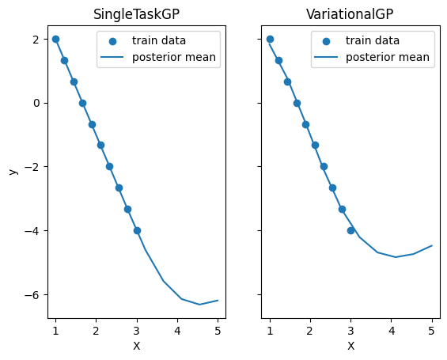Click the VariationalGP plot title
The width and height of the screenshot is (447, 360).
click(x=350, y=15)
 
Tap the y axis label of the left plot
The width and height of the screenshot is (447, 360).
click(x=13, y=171)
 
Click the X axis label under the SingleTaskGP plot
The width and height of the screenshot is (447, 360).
click(x=136, y=346)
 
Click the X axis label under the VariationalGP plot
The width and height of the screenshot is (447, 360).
click(x=350, y=346)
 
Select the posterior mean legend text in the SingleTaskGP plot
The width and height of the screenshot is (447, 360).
click(x=174, y=57)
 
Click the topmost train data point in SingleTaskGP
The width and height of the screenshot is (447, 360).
click(x=55, y=39)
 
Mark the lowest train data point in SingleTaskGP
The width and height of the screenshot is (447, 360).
click(x=137, y=230)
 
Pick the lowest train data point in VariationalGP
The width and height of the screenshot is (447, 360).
click(x=350, y=230)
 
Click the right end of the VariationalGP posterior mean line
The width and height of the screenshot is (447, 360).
click(x=432, y=245)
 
